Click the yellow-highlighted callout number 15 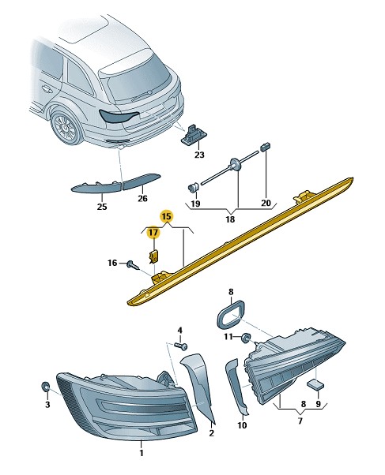pyautogui.click(x=166, y=217)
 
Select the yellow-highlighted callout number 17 pyautogui.click(x=153, y=232)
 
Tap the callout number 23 pyautogui.click(x=199, y=155)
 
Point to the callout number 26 pyautogui.click(x=142, y=198)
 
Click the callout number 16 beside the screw pyautogui.click(x=112, y=263)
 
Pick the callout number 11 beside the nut pyautogui.click(x=228, y=337)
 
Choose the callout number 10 pyautogui.click(x=242, y=425)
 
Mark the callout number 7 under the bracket pyautogui.click(x=300, y=421)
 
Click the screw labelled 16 pyautogui.click(x=133, y=265)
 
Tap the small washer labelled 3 pyautogui.click(x=46, y=387)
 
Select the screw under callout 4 pyautogui.click(x=181, y=346)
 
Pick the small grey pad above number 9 pyautogui.click(x=315, y=384)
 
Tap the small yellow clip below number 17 pyautogui.click(x=154, y=256)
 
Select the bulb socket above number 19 pyautogui.click(x=193, y=188)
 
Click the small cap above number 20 pyautogui.click(x=265, y=147)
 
